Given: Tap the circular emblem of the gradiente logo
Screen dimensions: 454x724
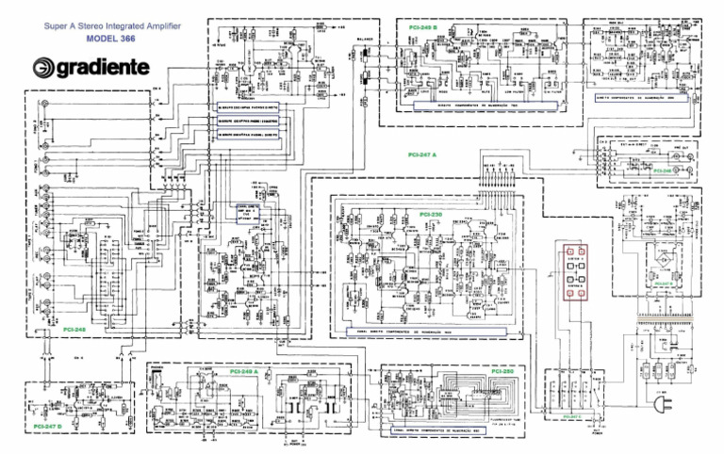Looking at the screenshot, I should pos(45,68).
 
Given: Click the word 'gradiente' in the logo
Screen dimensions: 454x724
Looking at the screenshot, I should pos(125,68).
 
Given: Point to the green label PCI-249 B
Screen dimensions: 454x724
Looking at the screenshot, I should pos(423,29).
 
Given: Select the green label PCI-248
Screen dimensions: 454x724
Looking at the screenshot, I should pos(74,331).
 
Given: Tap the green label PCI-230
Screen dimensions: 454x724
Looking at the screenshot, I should pos(431,217).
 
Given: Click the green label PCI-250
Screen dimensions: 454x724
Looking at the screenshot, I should pos(502,372).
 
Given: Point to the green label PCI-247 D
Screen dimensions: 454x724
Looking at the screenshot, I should pos(47,426).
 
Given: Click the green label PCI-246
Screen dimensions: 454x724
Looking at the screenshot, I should pos(663,170).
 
